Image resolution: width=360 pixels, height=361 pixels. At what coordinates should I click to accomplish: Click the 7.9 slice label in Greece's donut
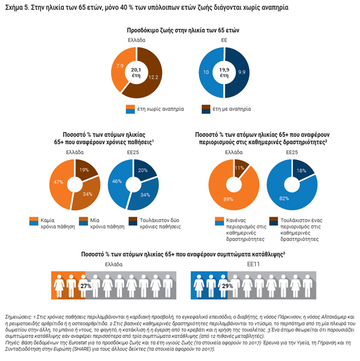coord(120,66)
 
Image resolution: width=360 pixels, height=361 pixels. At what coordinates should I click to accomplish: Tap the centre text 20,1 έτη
coord(136,71)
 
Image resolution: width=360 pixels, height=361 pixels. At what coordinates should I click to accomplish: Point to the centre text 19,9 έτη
coord(224,71)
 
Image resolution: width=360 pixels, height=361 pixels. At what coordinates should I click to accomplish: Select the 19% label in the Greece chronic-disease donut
coord(83,169)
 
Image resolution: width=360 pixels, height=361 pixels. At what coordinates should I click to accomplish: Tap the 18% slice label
coord(301,170)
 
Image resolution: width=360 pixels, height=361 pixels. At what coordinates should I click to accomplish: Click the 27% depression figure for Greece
coord(86,285)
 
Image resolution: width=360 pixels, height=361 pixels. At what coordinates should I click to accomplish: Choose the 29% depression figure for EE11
coord(227,285)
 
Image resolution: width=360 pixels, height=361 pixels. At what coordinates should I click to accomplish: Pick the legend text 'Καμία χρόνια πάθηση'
coord(52,224)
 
